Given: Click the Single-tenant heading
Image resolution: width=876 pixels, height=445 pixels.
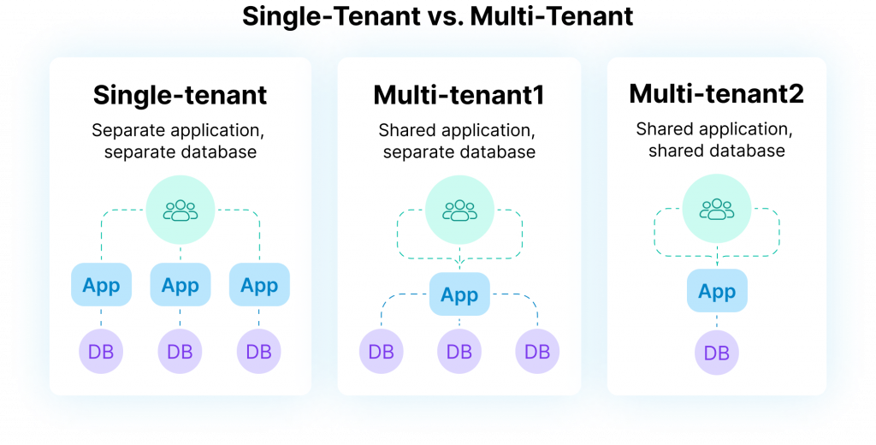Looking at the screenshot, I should [x=180, y=94].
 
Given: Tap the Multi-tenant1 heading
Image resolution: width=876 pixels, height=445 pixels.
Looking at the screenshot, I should [x=459, y=94].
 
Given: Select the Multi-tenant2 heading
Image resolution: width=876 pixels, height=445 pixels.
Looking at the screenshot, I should [x=716, y=93].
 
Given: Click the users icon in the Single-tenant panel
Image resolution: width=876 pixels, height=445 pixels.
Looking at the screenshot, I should [x=180, y=210].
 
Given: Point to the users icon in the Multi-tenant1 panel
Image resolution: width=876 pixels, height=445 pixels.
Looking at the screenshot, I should [x=459, y=210].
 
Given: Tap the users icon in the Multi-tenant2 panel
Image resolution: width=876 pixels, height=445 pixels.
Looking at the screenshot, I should [x=717, y=208].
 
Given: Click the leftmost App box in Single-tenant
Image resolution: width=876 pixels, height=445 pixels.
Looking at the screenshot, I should [x=101, y=285].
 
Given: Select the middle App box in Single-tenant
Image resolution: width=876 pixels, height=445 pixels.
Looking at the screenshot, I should [x=180, y=285].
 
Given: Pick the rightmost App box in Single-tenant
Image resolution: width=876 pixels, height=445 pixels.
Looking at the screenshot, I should [x=259, y=285].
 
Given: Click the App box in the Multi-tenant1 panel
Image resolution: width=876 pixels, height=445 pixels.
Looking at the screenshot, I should [x=459, y=295].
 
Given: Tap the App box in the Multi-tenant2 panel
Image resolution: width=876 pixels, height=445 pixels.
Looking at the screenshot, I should [x=717, y=292].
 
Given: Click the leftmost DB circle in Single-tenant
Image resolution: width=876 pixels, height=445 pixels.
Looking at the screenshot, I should [x=101, y=351].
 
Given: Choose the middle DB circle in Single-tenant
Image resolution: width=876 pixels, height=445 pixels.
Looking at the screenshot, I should [x=180, y=351].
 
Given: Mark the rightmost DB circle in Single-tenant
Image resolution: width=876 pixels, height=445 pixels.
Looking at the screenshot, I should [x=259, y=351].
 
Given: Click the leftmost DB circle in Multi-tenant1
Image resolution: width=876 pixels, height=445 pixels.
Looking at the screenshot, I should [x=382, y=351].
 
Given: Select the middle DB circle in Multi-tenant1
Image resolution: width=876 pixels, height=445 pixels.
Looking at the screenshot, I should [x=459, y=351].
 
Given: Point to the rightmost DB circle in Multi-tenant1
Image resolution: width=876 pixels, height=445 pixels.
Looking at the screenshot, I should [x=537, y=351].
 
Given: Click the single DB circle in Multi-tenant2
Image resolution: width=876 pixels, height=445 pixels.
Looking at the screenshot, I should [x=717, y=352].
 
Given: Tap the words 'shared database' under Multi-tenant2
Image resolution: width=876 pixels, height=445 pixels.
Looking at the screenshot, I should [x=716, y=151].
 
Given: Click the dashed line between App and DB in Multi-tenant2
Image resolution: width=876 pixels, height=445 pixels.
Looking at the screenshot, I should [x=717, y=322].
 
